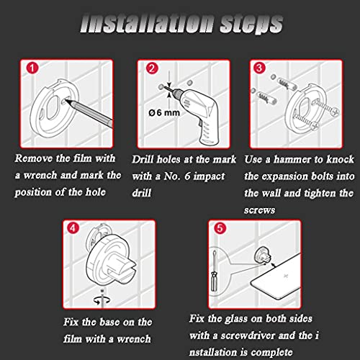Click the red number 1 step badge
[x=32, y=68]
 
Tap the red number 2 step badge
[x=152, y=68]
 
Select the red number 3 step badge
[x=259, y=68]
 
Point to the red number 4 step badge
[x=73, y=228]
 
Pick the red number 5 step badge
[x=220, y=228]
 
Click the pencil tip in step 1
[x=66, y=101]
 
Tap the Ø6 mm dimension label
[x=164, y=112]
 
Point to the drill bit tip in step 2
[x=165, y=88]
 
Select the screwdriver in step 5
[x=214, y=271]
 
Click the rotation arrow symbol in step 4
[x=102, y=300]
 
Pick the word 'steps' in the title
[x=251, y=24]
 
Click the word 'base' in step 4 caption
[x=109, y=322]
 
